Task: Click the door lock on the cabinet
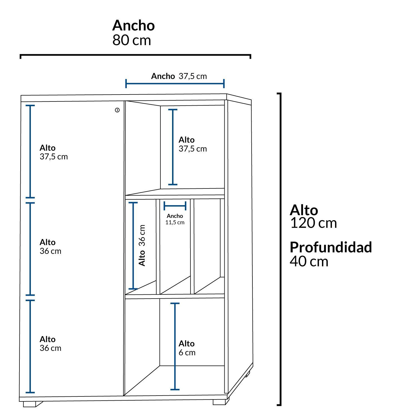(117, 110)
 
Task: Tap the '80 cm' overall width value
(131, 40)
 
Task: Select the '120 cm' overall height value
(313, 223)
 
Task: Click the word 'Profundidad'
(331, 247)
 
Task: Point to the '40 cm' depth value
(309, 261)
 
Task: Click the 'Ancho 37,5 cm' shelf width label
(179, 76)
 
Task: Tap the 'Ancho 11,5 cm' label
(175, 219)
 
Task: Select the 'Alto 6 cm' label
(187, 348)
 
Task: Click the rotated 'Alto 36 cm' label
(142, 245)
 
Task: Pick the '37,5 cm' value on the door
(54, 157)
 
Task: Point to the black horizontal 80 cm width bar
(135, 55)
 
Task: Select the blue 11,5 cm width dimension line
(175, 206)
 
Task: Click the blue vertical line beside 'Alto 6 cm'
(175, 346)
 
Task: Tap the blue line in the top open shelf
(173, 147)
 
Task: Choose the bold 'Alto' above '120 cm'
(304, 210)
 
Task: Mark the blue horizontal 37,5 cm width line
(175, 83)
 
